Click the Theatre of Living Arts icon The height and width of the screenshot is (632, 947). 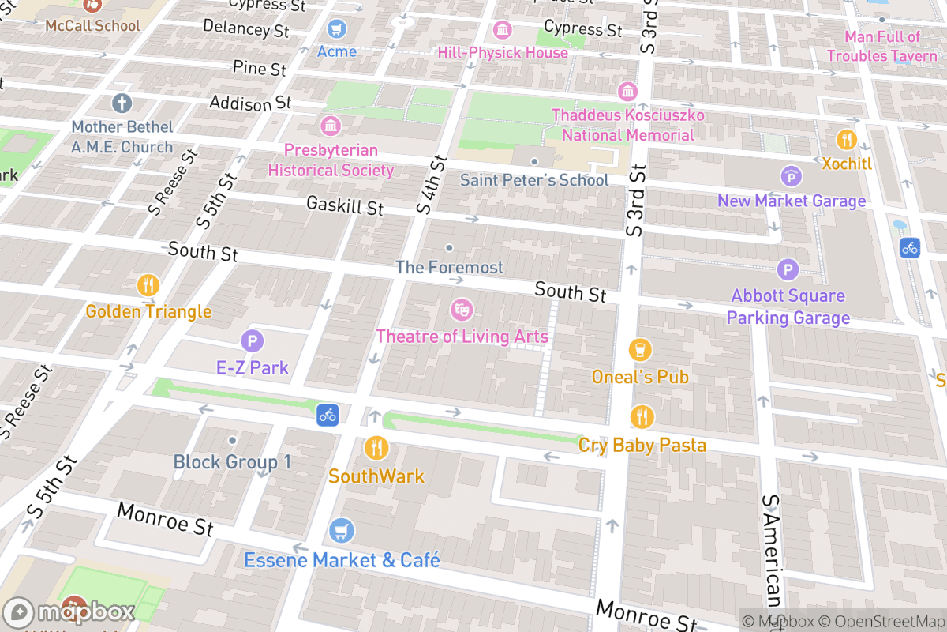[x=461, y=309]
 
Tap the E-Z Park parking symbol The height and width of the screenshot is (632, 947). [x=252, y=341]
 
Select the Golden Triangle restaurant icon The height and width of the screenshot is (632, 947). [x=148, y=284]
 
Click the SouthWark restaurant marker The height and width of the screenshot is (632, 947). [x=376, y=448]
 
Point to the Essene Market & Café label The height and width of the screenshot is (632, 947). [x=342, y=560]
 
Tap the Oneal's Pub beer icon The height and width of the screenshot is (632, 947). [x=641, y=349]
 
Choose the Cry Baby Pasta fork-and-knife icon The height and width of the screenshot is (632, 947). [x=642, y=416]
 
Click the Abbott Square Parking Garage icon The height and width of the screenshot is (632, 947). [x=788, y=270]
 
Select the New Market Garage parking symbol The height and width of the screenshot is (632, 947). [x=791, y=176]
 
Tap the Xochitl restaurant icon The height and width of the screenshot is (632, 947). [x=846, y=140]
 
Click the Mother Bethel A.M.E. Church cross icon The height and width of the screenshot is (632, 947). [x=122, y=103]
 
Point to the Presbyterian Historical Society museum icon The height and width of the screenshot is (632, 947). [x=331, y=125]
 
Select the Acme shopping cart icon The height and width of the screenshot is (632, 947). [x=337, y=29]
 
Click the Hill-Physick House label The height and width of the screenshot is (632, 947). [x=503, y=53]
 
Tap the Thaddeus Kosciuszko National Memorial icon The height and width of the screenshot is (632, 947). [x=627, y=91]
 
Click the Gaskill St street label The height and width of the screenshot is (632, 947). [x=345, y=206]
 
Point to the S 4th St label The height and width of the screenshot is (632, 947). [x=432, y=185]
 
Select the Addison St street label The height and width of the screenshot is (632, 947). [x=250, y=103]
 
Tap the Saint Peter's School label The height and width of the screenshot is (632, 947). [x=534, y=180]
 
